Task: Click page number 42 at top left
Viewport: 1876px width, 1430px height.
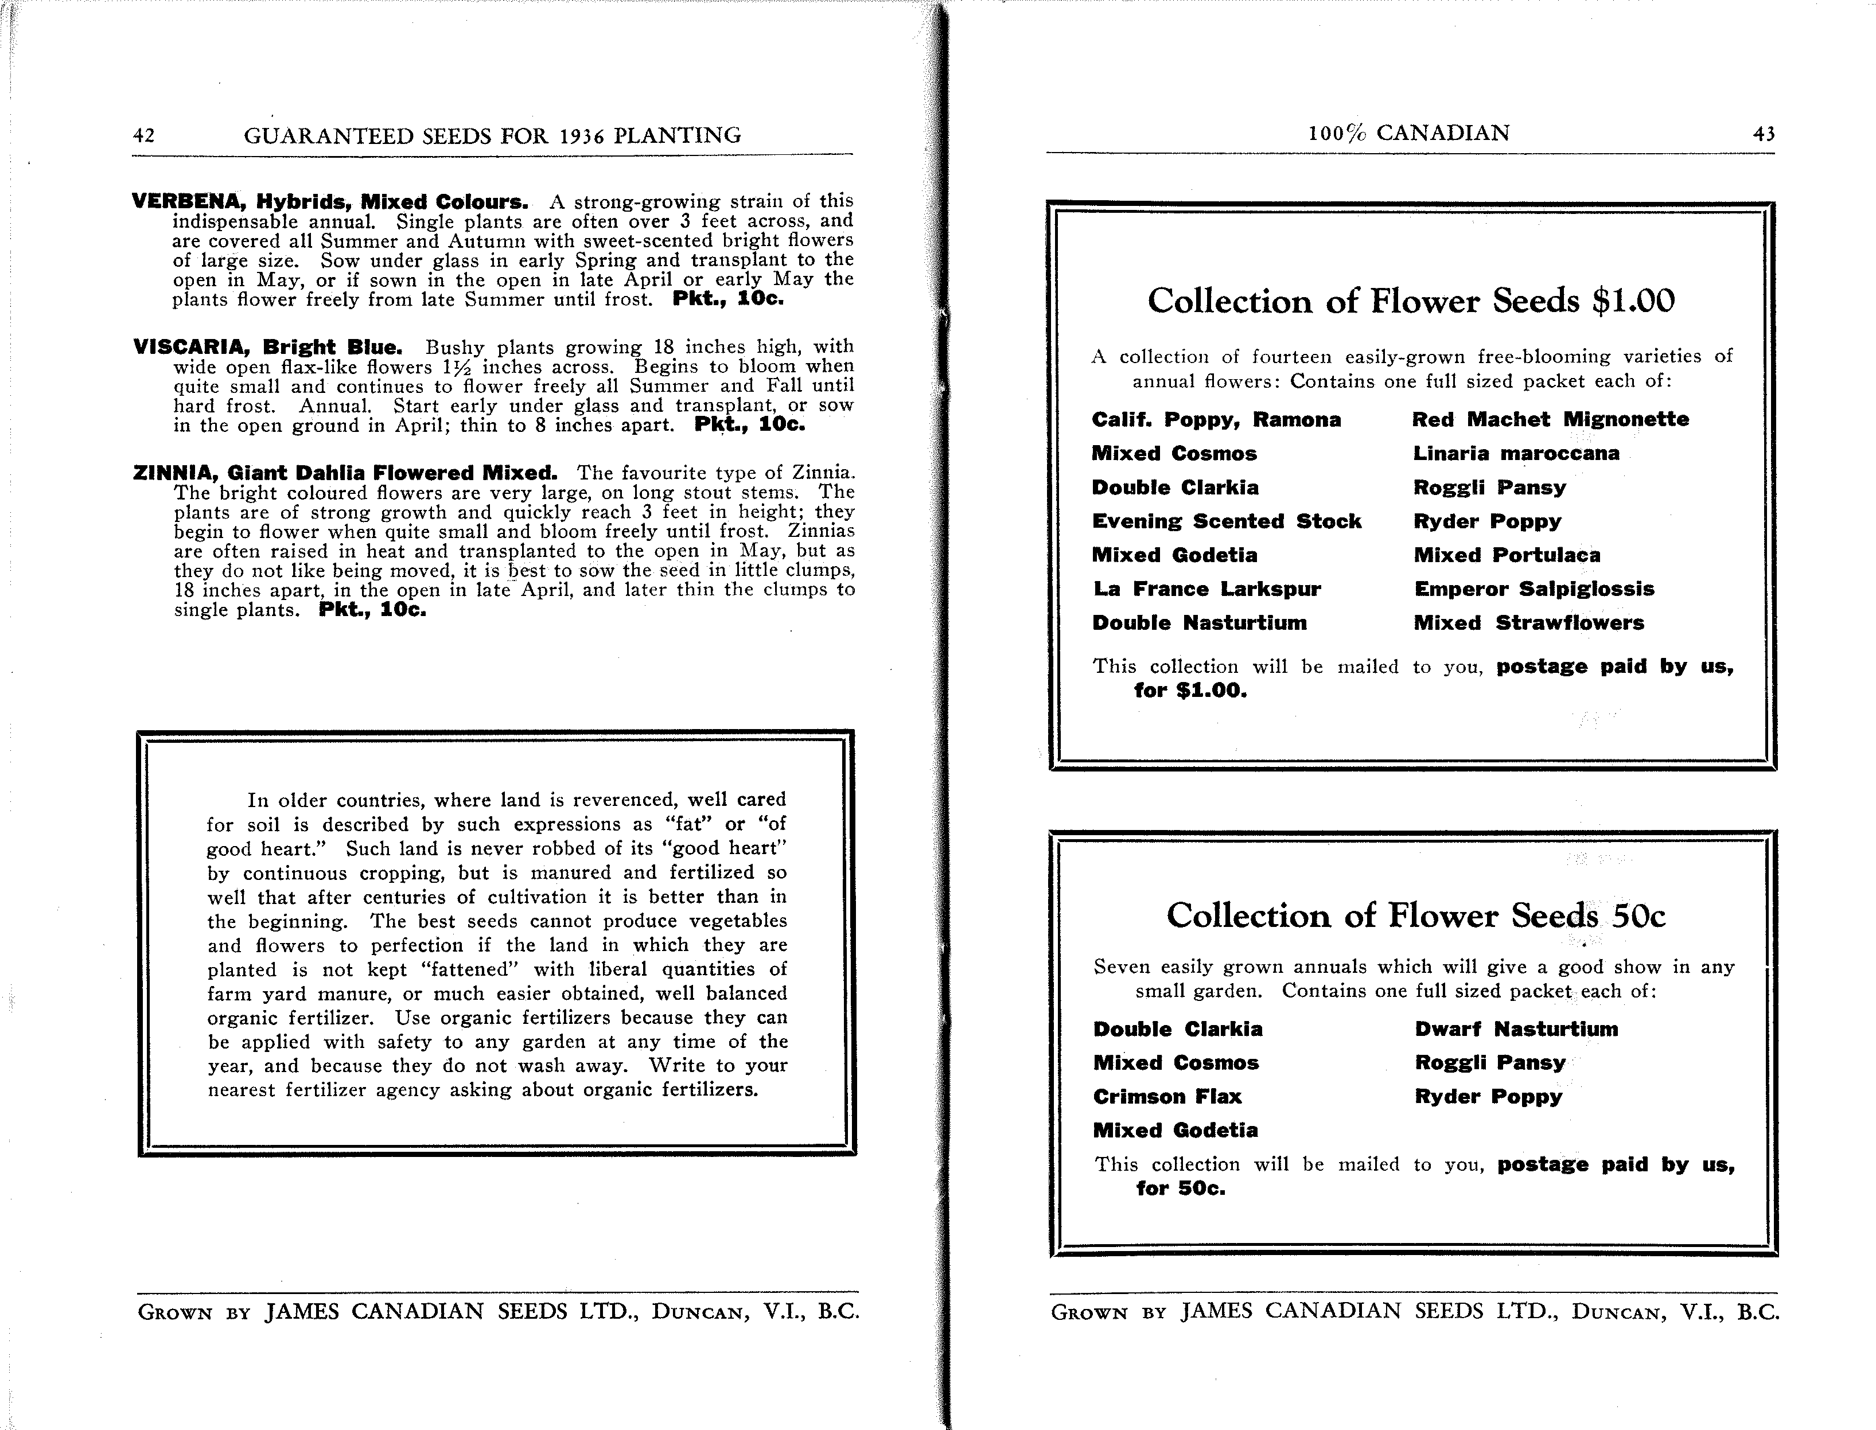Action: click(x=144, y=136)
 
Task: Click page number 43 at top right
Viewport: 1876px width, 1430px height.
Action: click(x=1764, y=134)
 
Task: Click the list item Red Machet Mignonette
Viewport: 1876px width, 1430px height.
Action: click(x=1551, y=420)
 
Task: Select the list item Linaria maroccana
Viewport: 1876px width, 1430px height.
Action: click(x=1516, y=454)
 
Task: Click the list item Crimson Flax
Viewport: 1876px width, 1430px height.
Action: click(x=1167, y=1097)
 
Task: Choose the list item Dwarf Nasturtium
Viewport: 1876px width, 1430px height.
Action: click(x=1516, y=1029)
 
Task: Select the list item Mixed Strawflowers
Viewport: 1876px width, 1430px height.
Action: click(x=1529, y=623)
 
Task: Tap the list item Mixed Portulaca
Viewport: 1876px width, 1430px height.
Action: click(x=1507, y=555)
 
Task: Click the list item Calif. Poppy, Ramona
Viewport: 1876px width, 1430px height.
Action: click(x=1216, y=420)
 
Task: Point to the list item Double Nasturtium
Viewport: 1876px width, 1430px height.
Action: click(x=1199, y=623)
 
